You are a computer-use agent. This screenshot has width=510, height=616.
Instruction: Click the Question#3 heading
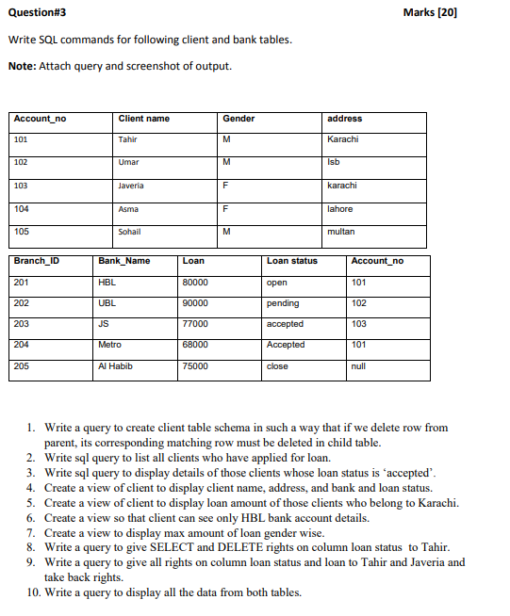(x=37, y=12)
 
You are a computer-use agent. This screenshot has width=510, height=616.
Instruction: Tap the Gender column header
(x=239, y=119)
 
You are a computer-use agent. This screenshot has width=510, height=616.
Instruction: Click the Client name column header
(x=144, y=119)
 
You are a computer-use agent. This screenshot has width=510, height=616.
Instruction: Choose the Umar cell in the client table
(x=129, y=163)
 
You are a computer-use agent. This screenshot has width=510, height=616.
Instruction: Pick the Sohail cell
(x=130, y=231)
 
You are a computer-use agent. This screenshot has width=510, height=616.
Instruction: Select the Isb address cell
(x=333, y=163)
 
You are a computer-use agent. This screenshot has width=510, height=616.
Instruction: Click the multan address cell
(x=340, y=231)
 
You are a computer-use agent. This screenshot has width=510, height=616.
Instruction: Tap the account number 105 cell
(x=22, y=231)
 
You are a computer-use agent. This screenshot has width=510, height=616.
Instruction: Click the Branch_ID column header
(x=36, y=261)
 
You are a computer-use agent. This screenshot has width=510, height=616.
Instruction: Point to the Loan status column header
(x=292, y=261)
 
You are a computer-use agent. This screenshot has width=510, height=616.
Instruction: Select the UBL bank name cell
(x=107, y=303)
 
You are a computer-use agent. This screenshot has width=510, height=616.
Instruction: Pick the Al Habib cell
(x=114, y=365)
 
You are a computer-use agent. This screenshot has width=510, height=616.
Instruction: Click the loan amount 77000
(x=195, y=324)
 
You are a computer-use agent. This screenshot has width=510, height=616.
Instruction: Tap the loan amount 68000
(x=195, y=345)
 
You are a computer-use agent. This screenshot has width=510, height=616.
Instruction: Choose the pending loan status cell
(x=283, y=303)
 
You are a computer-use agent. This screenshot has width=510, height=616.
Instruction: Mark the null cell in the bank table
(x=358, y=365)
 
